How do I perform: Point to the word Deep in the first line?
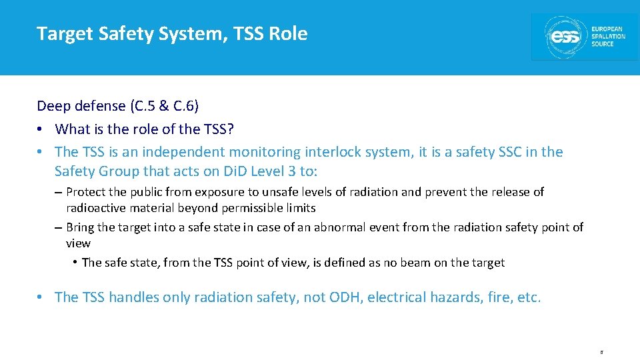[52, 105]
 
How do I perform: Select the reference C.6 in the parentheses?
[178, 105]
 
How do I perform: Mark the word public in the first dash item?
[146, 192]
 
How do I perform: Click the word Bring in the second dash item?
[81, 227]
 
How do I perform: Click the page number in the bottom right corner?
[601, 351]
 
